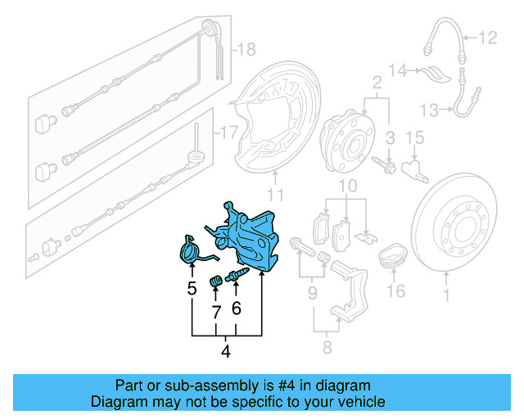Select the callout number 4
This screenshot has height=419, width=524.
pyautogui.click(x=226, y=354)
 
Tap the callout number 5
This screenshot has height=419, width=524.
pyautogui.click(x=192, y=288)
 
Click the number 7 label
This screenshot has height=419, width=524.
pyautogui.click(x=217, y=312)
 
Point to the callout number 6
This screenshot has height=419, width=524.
pyautogui.click(x=237, y=308)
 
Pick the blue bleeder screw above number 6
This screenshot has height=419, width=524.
pyautogui.click(x=240, y=274)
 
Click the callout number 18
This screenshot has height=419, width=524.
pyautogui.click(x=246, y=51)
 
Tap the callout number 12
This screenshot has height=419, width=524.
pyautogui.click(x=488, y=37)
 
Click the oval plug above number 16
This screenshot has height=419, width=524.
pyautogui.click(x=395, y=255)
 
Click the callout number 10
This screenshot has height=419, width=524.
pyautogui.click(x=347, y=188)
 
